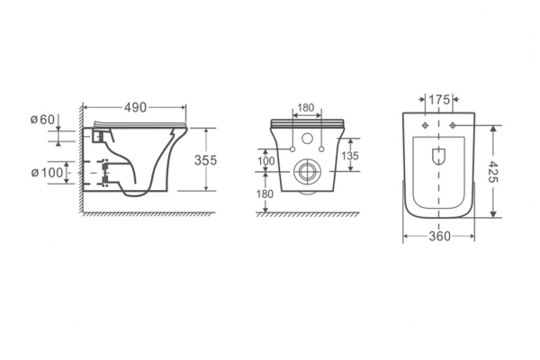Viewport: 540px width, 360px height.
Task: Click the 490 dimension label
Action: [135, 107]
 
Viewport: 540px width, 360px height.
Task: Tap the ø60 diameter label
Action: [42, 120]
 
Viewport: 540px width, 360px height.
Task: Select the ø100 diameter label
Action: [47, 172]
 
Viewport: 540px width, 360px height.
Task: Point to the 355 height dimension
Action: [205, 160]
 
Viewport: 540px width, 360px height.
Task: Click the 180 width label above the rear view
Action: [306, 108]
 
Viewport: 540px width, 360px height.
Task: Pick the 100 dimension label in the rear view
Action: [265, 161]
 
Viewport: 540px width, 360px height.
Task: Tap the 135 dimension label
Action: [350, 156]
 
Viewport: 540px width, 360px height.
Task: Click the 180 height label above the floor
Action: [265, 194]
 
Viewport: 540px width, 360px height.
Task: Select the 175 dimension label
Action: [439, 100]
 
